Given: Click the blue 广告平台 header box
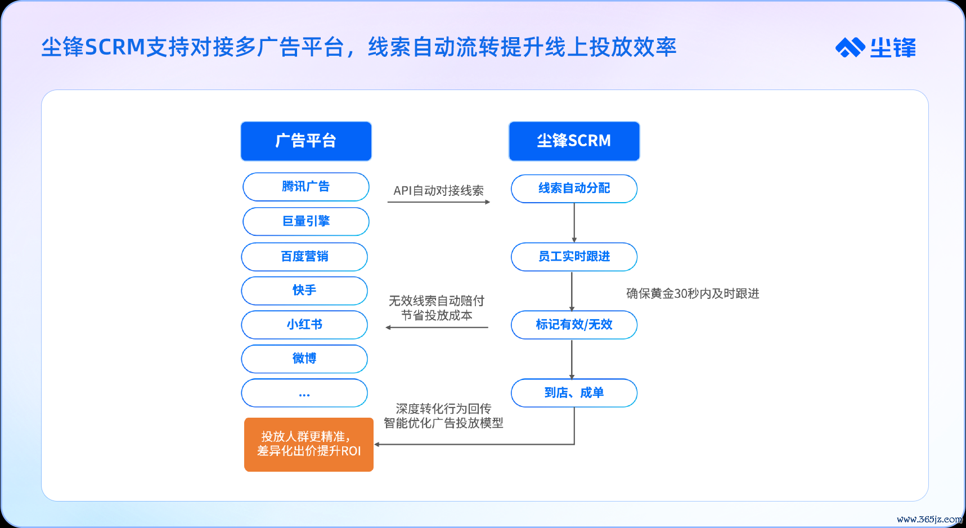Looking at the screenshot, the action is (306, 141).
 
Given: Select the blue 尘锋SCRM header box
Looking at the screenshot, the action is (574, 141).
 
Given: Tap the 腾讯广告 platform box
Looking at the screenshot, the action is (306, 187).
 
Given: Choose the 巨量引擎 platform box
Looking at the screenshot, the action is (306, 221).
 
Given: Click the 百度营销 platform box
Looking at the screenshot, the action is (304, 257).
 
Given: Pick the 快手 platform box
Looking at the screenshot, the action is (304, 290).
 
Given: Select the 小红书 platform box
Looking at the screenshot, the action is (304, 325).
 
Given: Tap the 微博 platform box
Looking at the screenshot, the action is (304, 359).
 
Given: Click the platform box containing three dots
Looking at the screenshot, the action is (304, 393).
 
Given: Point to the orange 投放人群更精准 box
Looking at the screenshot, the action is (309, 445).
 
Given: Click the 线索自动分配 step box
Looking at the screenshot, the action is (574, 189).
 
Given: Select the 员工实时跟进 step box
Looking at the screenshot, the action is (574, 257).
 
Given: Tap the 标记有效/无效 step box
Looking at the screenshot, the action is (574, 325).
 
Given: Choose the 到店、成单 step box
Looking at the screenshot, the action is (574, 393).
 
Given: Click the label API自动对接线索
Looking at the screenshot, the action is (438, 191).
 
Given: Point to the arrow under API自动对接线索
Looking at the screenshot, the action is (439, 202).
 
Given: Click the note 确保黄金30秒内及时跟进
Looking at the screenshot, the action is (693, 293).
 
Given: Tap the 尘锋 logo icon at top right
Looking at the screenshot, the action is (850, 47).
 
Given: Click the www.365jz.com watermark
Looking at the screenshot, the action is (929, 519).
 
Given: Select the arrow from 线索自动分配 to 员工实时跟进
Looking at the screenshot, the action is (574, 223).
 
